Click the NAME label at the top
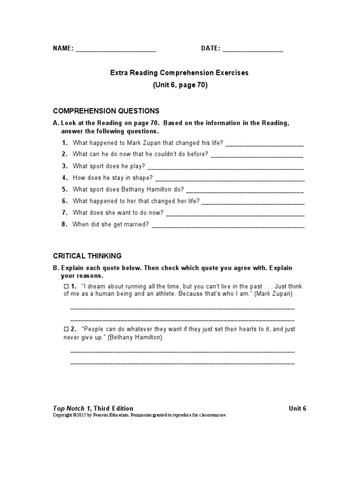[x=62, y=48]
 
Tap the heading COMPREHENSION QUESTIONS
[x=106, y=111]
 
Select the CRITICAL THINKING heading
[x=87, y=256]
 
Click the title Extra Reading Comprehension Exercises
[x=180, y=73]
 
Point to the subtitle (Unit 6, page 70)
[x=180, y=85]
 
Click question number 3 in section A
[x=65, y=166]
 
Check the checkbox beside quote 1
[x=66, y=286]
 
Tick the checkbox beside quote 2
[x=66, y=330]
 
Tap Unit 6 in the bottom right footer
[x=298, y=408]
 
